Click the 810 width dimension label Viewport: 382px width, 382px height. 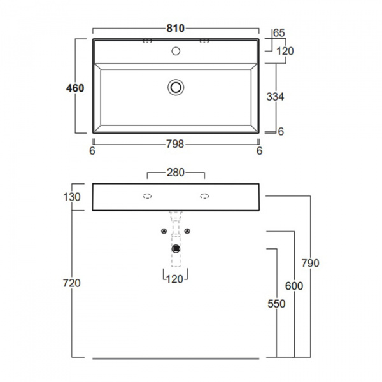tap(176, 29)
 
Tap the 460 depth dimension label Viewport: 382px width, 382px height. tap(75, 88)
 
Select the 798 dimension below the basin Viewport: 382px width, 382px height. tap(175, 145)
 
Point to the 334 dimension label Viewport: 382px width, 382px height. tap(275, 97)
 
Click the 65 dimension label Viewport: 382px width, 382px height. tap(279, 33)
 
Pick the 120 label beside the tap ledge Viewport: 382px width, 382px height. tap(285, 51)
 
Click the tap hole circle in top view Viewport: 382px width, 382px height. tap(176, 51)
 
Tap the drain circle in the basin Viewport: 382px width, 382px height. tap(176, 87)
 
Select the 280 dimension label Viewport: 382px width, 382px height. tap(176, 173)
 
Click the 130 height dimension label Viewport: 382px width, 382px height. tap(72, 197)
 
